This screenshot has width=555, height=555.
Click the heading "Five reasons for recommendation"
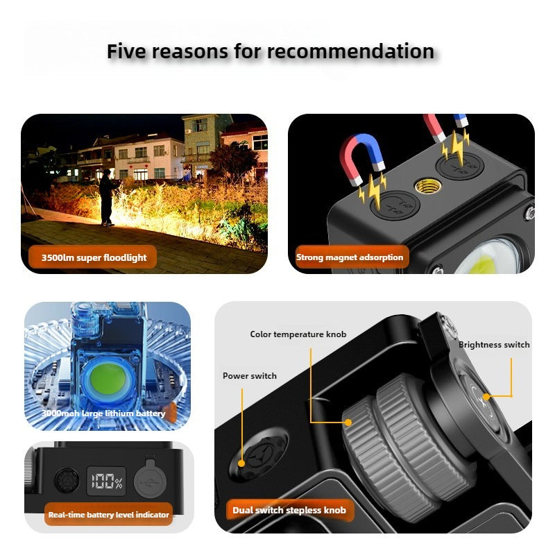click(271, 51)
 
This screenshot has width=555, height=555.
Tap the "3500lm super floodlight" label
click(94, 257)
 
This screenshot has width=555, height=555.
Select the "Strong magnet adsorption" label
click(350, 257)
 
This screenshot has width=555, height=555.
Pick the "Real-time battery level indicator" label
click(109, 515)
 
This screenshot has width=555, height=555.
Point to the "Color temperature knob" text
click(298, 334)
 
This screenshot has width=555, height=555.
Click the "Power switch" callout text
click(249, 376)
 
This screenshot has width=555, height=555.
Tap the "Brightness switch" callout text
click(493, 345)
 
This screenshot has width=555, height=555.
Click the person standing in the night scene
click(107, 198)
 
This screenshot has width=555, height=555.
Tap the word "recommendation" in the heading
click(351, 51)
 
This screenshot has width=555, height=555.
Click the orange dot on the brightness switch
click(486, 397)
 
